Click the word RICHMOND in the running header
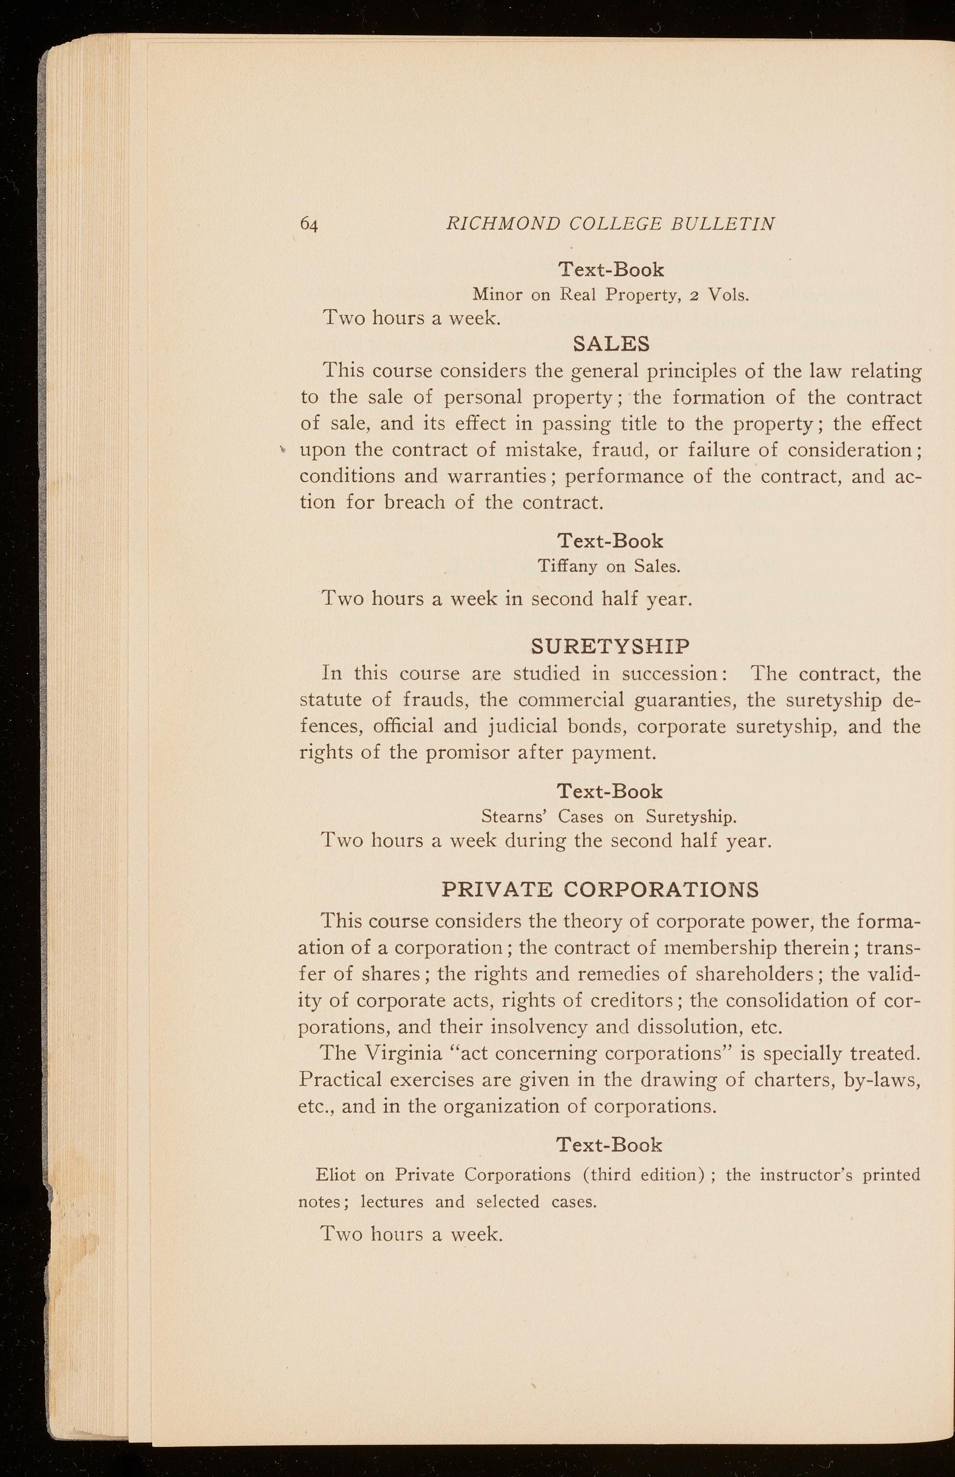(502, 223)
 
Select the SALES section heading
(611, 343)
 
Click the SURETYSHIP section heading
(611, 647)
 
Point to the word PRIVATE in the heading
(497, 890)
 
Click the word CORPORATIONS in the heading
(662, 890)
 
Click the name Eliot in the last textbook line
(335, 1175)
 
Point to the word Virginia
(403, 1054)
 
